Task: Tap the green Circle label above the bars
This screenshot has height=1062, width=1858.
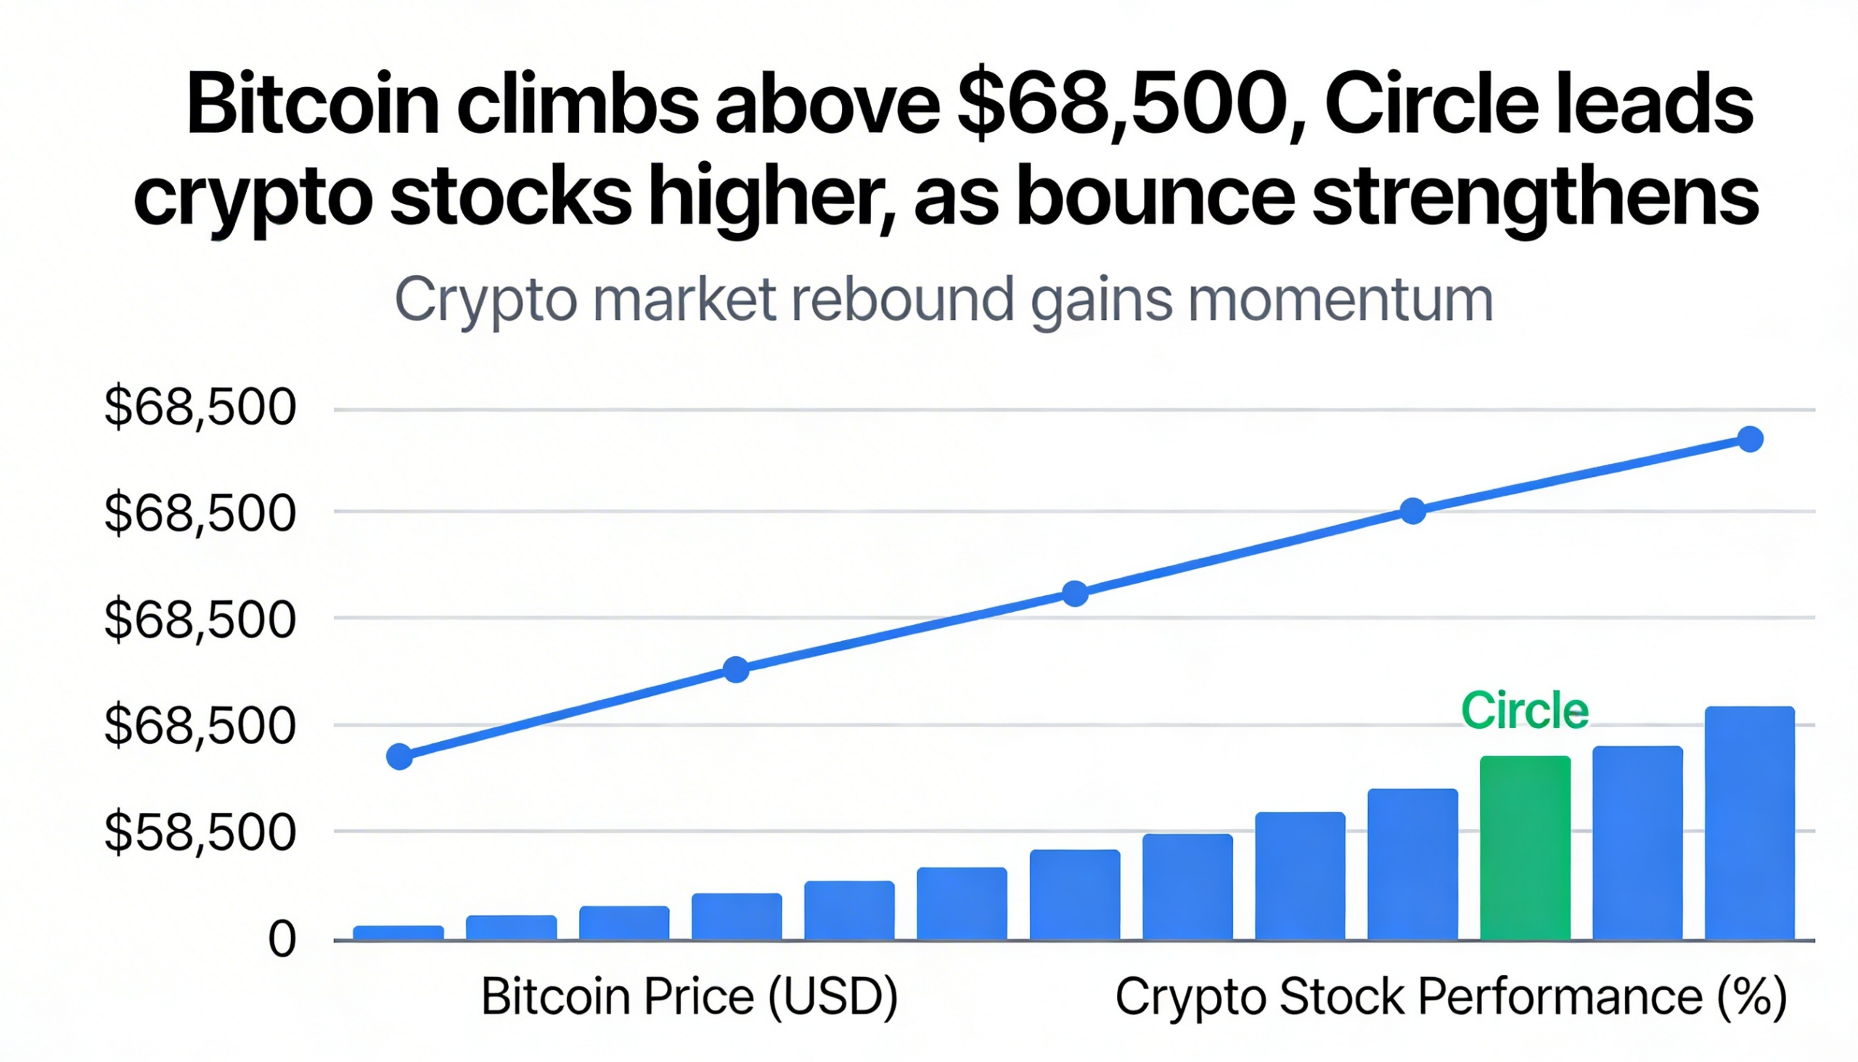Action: [x=1525, y=711]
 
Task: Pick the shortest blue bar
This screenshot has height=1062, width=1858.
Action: [x=398, y=932]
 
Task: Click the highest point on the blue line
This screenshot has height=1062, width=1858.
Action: [x=1750, y=439]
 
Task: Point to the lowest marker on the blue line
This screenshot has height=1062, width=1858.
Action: [x=400, y=756]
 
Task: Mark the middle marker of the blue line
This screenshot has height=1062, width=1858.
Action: [x=1075, y=594]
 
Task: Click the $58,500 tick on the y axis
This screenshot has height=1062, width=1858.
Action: [x=200, y=832]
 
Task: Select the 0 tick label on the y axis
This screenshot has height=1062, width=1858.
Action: [x=282, y=939]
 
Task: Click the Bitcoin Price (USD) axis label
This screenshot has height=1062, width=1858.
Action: [x=689, y=997]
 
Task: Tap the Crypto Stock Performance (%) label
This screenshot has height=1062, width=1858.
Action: [x=1451, y=997]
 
